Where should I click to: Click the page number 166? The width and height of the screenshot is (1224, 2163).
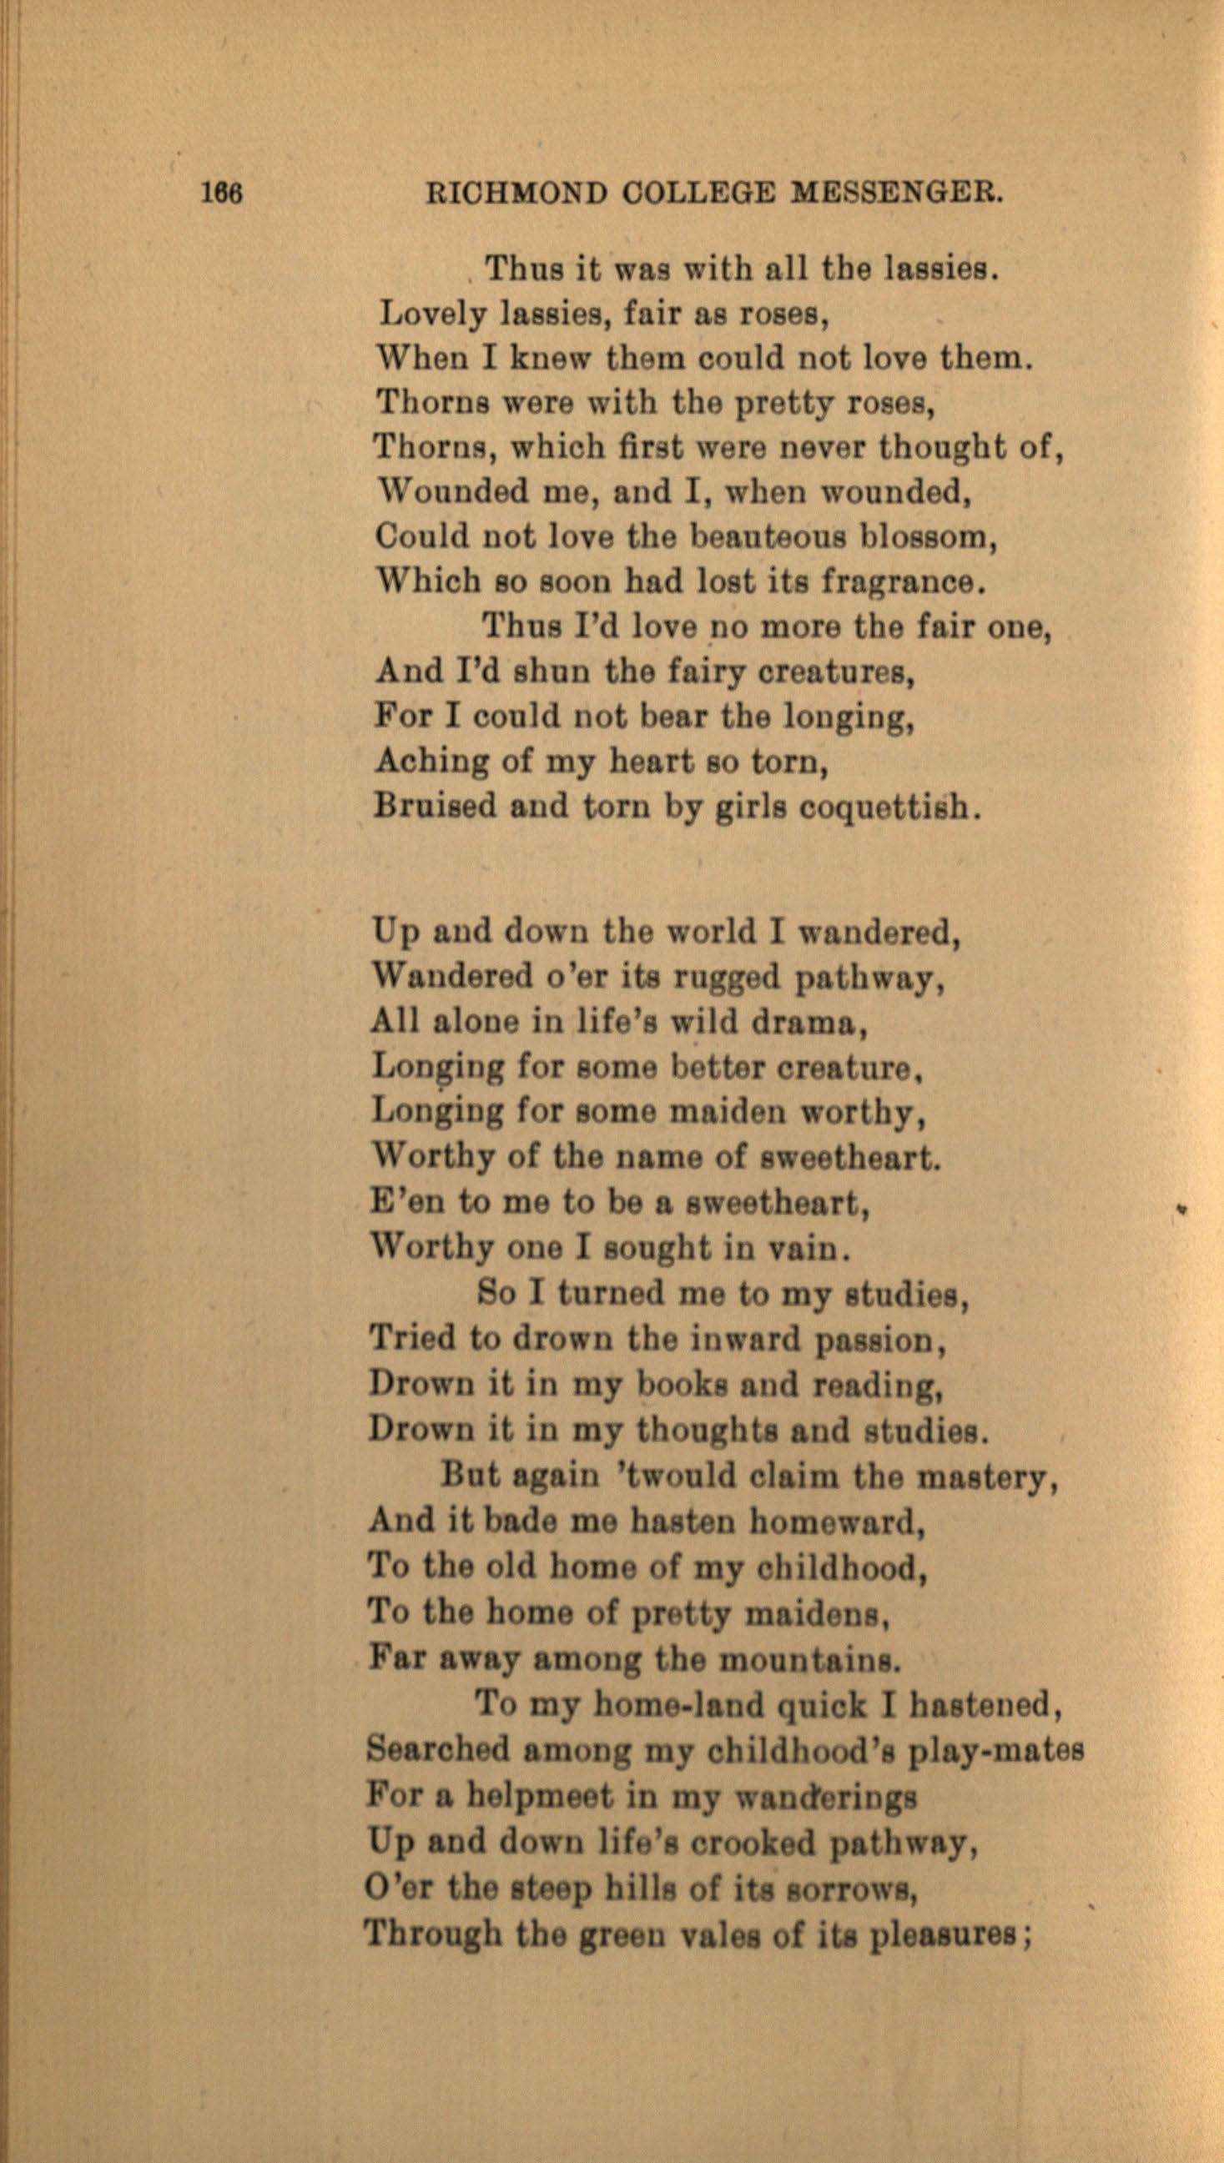pos(222,194)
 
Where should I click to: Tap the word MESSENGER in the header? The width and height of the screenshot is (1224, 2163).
pos(898,194)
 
